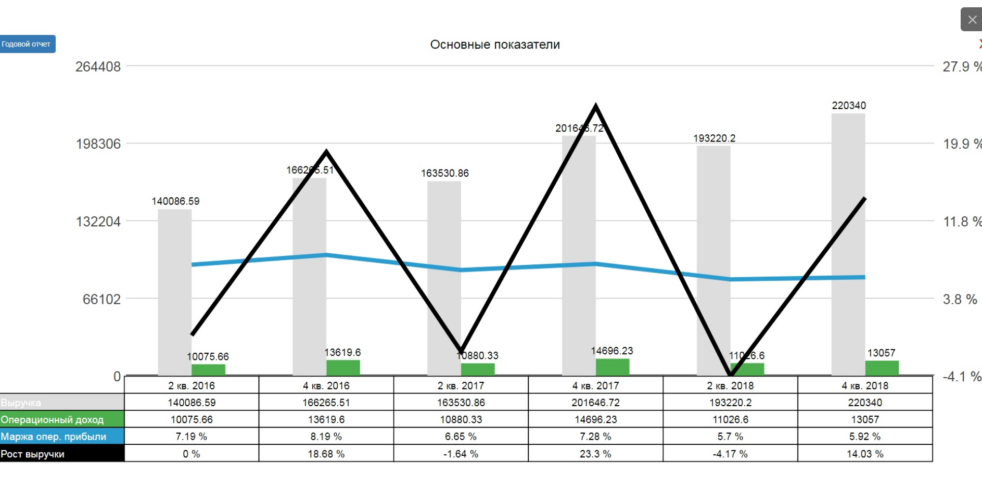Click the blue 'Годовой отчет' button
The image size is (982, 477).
[x=27, y=44]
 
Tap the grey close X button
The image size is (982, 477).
[x=971, y=20]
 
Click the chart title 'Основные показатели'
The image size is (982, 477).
[x=495, y=45]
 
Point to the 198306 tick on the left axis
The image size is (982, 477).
[x=98, y=144]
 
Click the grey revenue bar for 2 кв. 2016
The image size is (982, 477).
[x=175, y=291]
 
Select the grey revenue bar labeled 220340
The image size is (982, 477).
[x=848, y=244]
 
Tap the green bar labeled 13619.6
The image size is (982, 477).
[x=343, y=368]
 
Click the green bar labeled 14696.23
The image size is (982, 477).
[x=613, y=367]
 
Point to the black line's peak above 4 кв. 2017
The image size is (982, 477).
[x=596, y=107]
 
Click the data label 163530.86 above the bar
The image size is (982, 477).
[x=445, y=173]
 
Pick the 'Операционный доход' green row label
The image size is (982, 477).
[x=62, y=420]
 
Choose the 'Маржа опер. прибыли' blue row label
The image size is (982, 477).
[x=62, y=436]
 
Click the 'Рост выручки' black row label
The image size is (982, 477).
[x=62, y=454]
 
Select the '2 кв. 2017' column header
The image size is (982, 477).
[x=461, y=385]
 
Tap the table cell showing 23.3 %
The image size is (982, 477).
[x=596, y=454]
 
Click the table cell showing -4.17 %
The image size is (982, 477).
[x=730, y=454]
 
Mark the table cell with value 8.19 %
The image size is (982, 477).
[x=326, y=436]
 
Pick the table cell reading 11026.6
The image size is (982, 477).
[x=730, y=420]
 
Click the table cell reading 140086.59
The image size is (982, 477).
[x=192, y=403]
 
